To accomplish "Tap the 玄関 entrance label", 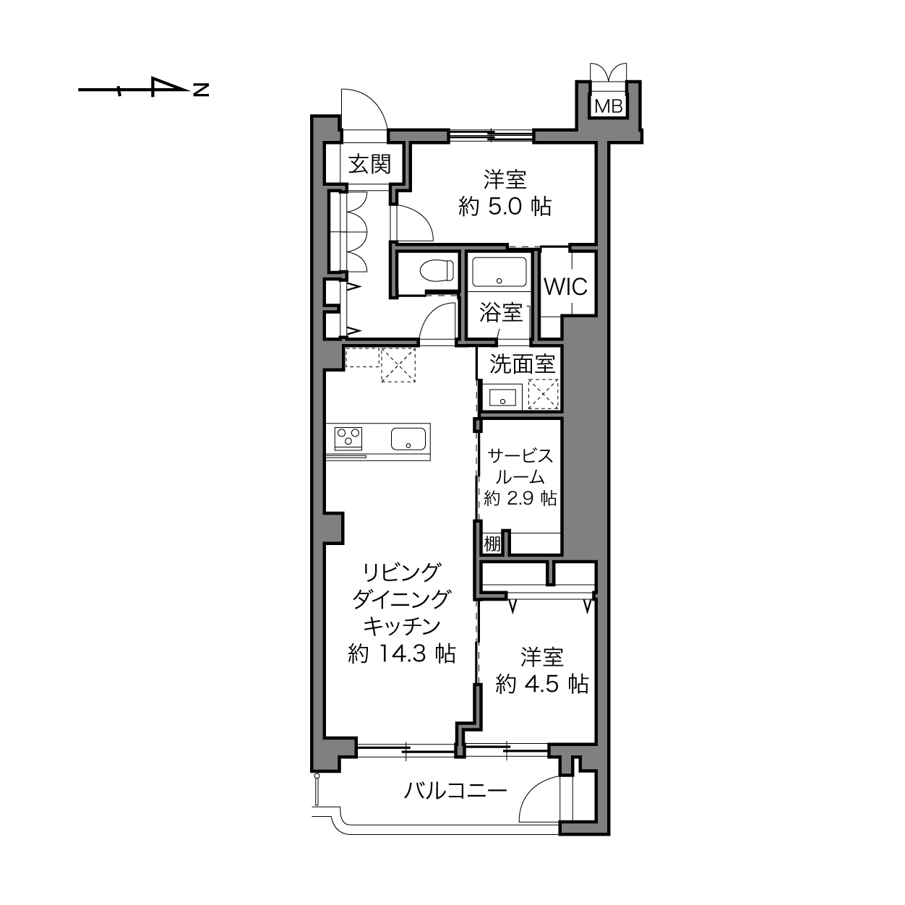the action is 369,164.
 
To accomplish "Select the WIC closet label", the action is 565,286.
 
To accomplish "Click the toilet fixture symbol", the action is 437,271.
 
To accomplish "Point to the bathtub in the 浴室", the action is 499,272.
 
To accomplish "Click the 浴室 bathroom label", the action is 501,312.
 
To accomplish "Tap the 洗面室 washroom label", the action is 522,364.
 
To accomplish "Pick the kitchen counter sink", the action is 408,439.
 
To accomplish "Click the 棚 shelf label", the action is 492,544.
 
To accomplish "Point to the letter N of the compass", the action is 201,89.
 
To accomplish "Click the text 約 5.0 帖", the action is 505,206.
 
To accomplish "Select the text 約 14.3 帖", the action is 402,653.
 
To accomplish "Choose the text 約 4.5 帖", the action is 541,684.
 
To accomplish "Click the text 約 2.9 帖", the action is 520,498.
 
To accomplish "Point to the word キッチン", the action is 402,626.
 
